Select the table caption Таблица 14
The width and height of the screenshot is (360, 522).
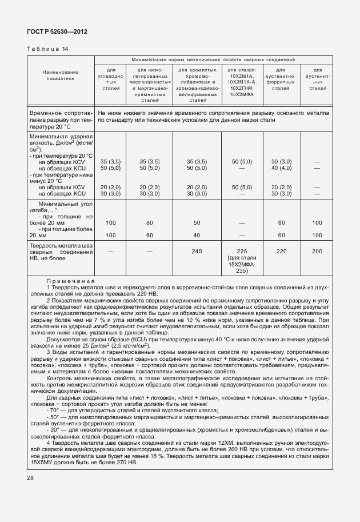[47, 49]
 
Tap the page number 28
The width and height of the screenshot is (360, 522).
[30, 477]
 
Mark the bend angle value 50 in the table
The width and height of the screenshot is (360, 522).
[197, 222]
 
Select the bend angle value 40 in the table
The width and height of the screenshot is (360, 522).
[197, 235]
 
